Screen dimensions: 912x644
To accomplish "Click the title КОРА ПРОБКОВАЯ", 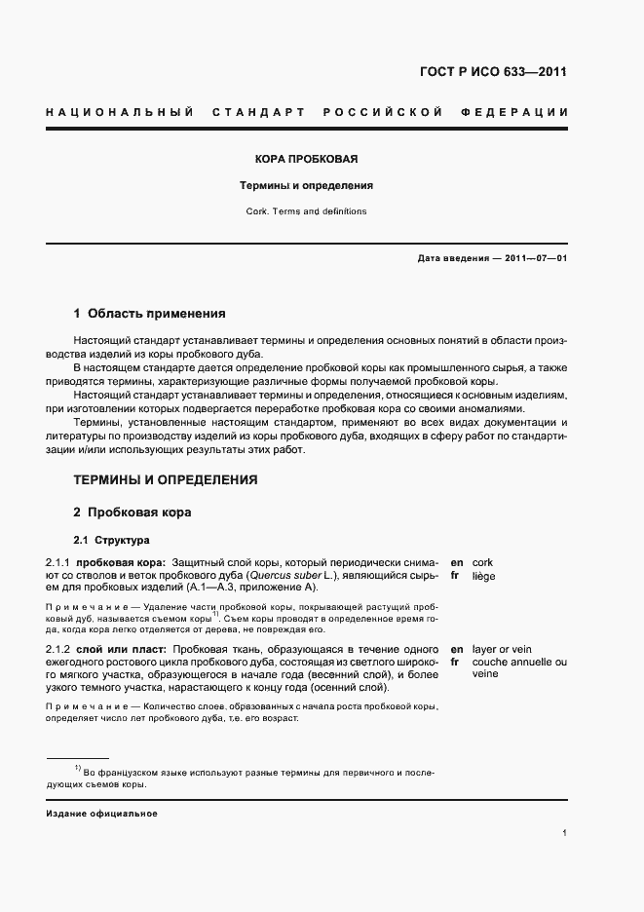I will pos(306,158).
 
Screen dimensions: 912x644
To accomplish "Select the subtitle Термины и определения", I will pos(307,185).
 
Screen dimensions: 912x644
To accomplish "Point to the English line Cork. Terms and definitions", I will pos(306,211).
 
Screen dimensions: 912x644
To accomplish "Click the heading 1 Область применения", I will pos(149,314).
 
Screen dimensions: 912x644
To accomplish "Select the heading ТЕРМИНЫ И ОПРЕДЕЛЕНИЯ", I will pos(166,479).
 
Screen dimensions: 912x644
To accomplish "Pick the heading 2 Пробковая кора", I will pos(133,513).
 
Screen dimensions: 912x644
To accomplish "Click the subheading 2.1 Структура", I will pos(112,540).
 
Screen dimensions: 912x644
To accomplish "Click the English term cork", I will pos(482,563).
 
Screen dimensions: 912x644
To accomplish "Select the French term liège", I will pos(483,576).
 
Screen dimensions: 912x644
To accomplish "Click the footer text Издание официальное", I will pos(101,813).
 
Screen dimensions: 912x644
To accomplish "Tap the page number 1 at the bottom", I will pos(565,833).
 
